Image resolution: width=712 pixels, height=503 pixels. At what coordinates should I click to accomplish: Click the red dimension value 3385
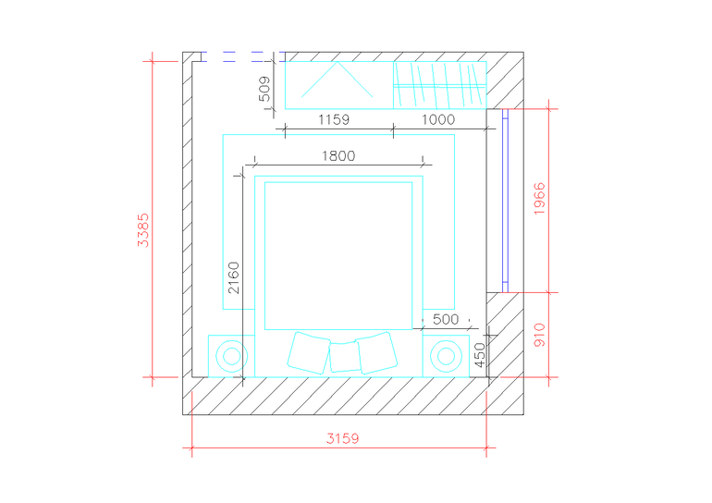tap(143, 230)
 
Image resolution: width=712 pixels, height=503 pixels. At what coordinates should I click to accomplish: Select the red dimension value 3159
tap(342, 438)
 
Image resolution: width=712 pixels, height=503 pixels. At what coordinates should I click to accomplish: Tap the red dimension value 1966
tap(539, 199)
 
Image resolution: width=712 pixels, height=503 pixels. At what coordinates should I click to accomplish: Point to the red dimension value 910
tap(539, 335)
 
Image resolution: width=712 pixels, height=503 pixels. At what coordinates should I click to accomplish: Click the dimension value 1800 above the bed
tap(338, 156)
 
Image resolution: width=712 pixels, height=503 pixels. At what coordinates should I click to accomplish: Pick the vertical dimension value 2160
tap(233, 277)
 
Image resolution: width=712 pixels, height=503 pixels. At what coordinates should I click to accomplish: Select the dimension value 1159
tap(334, 120)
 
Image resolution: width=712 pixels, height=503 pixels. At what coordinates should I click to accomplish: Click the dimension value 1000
tap(438, 120)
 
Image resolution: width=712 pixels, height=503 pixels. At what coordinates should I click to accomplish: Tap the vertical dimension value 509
tap(264, 89)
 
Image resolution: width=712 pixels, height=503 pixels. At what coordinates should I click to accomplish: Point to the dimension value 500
tap(446, 319)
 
